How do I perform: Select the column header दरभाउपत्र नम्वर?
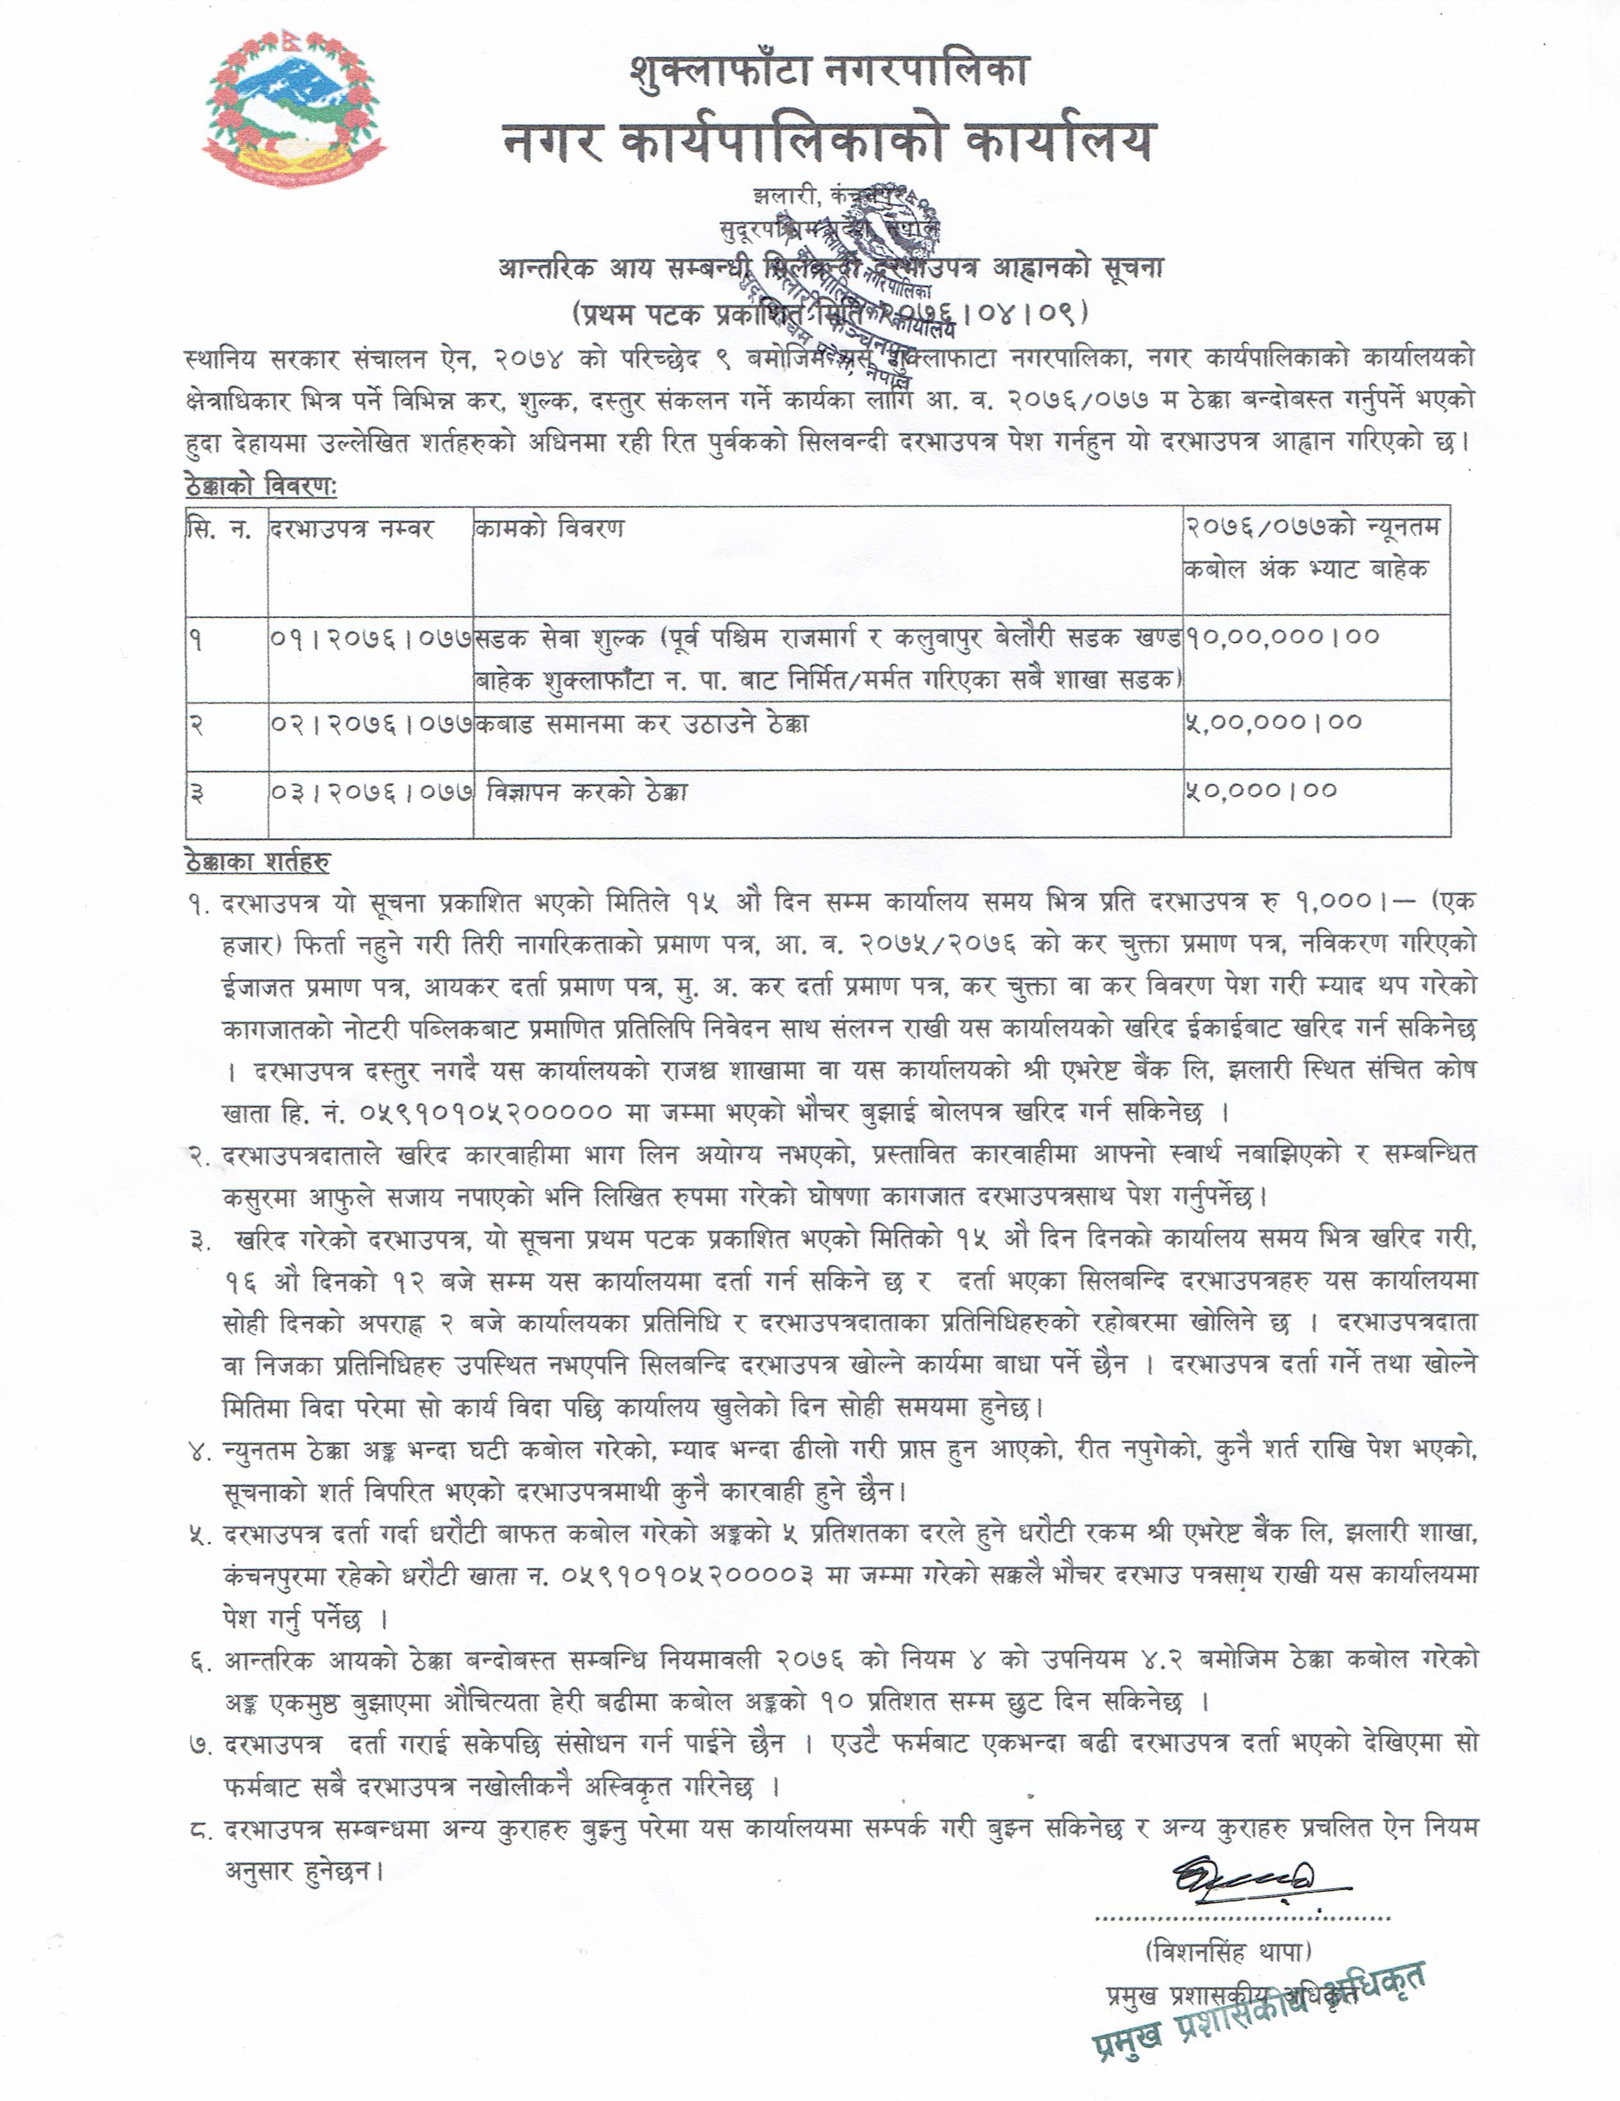pos(352,530)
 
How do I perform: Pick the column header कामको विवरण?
pos(548,530)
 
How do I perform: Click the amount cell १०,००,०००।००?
pos(1283,637)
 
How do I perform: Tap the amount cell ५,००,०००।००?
pos(1275,722)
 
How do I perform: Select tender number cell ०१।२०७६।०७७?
pos(371,637)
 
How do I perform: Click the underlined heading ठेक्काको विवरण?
pos(260,487)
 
